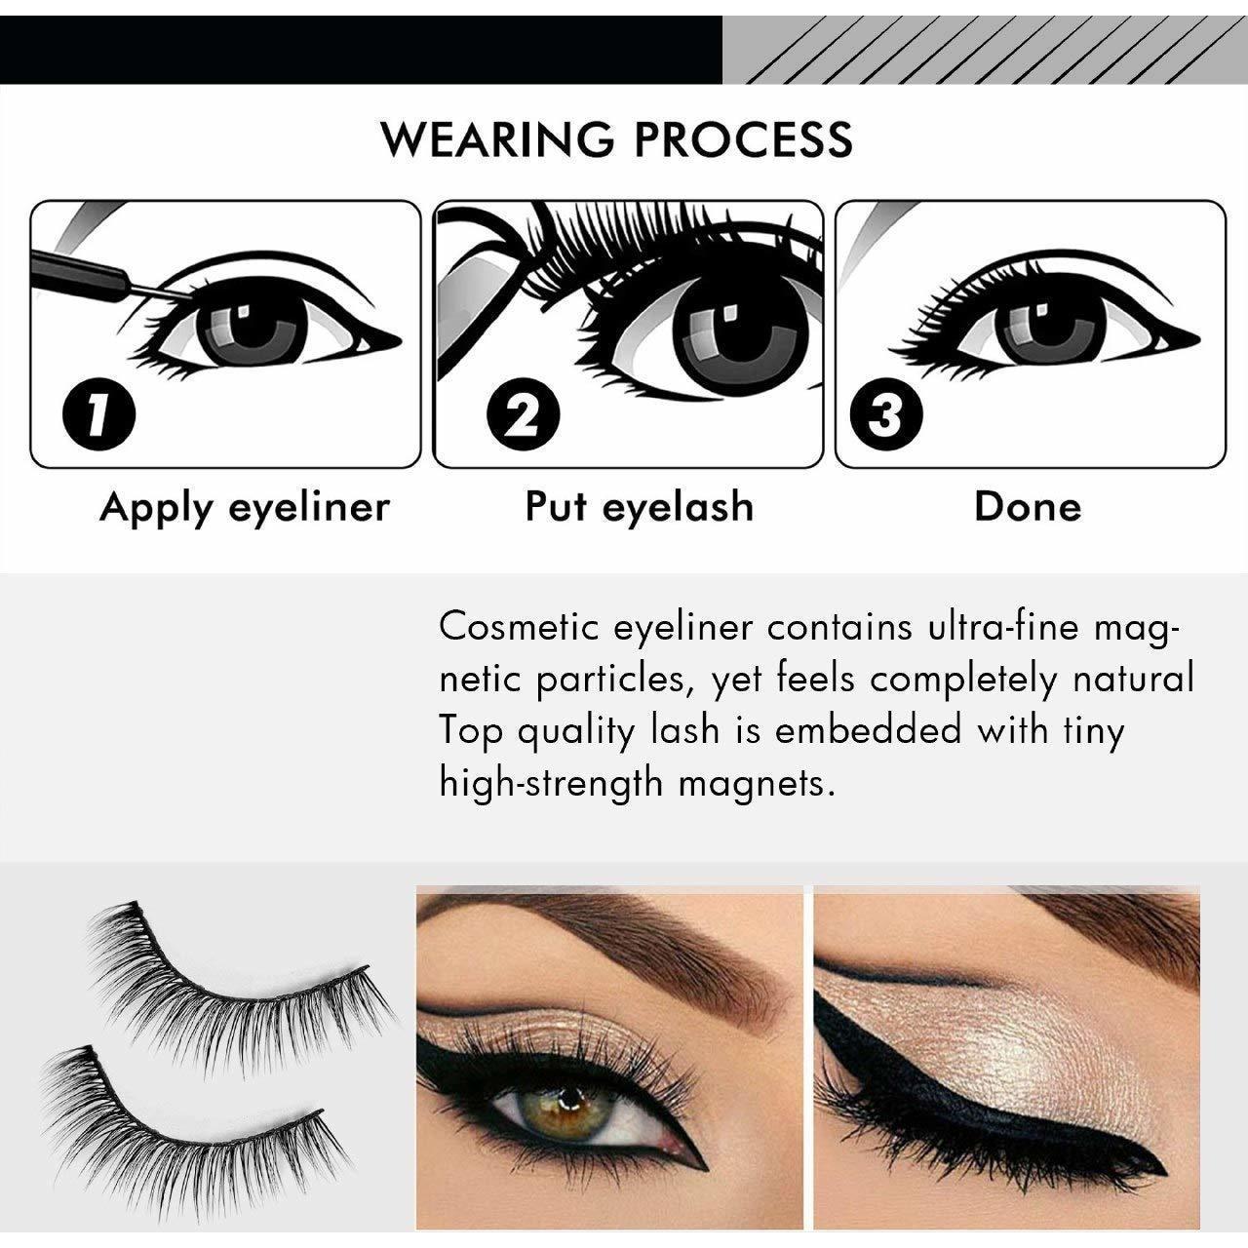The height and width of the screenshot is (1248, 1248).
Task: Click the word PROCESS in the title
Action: (744, 138)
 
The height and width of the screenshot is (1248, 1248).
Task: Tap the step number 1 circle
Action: (98, 414)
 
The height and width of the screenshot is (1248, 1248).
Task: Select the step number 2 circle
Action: (523, 414)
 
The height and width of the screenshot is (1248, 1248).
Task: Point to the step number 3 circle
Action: (885, 414)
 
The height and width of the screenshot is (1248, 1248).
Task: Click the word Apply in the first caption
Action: (156, 508)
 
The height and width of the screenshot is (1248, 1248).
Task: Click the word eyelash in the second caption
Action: (678, 507)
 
